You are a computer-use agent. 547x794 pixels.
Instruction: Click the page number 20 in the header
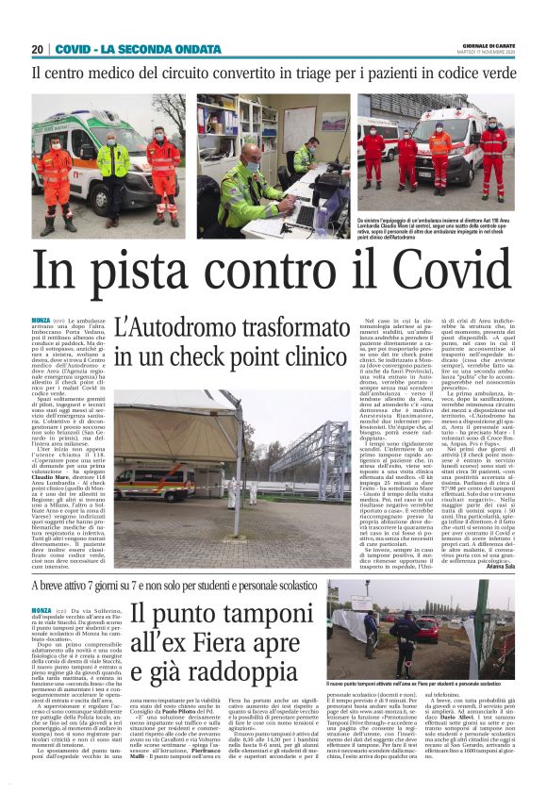38,49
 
